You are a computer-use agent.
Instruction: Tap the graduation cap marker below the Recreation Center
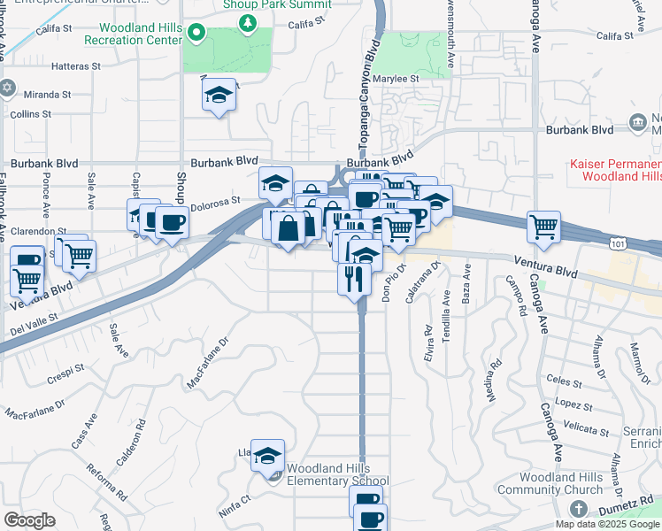click(218, 95)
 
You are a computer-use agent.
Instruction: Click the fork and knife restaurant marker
click(353, 280)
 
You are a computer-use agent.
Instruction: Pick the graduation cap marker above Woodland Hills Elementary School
click(267, 456)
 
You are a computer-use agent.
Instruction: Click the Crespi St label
click(65, 366)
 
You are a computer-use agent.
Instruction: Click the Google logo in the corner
click(29, 520)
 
